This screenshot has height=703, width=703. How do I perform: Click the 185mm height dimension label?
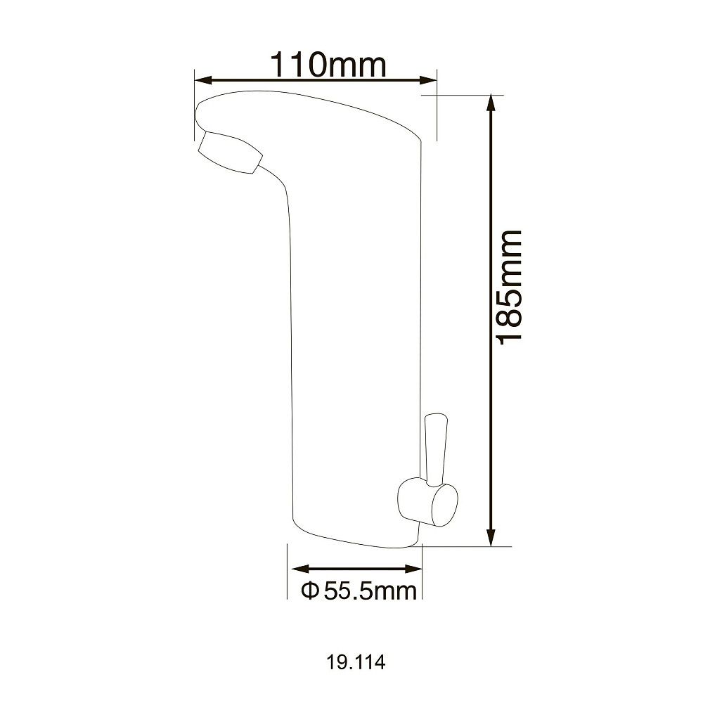click(x=510, y=287)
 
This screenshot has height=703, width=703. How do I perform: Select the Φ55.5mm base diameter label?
click(x=359, y=591)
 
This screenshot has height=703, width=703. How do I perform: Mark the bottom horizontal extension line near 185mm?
click(x=467, y=545)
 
